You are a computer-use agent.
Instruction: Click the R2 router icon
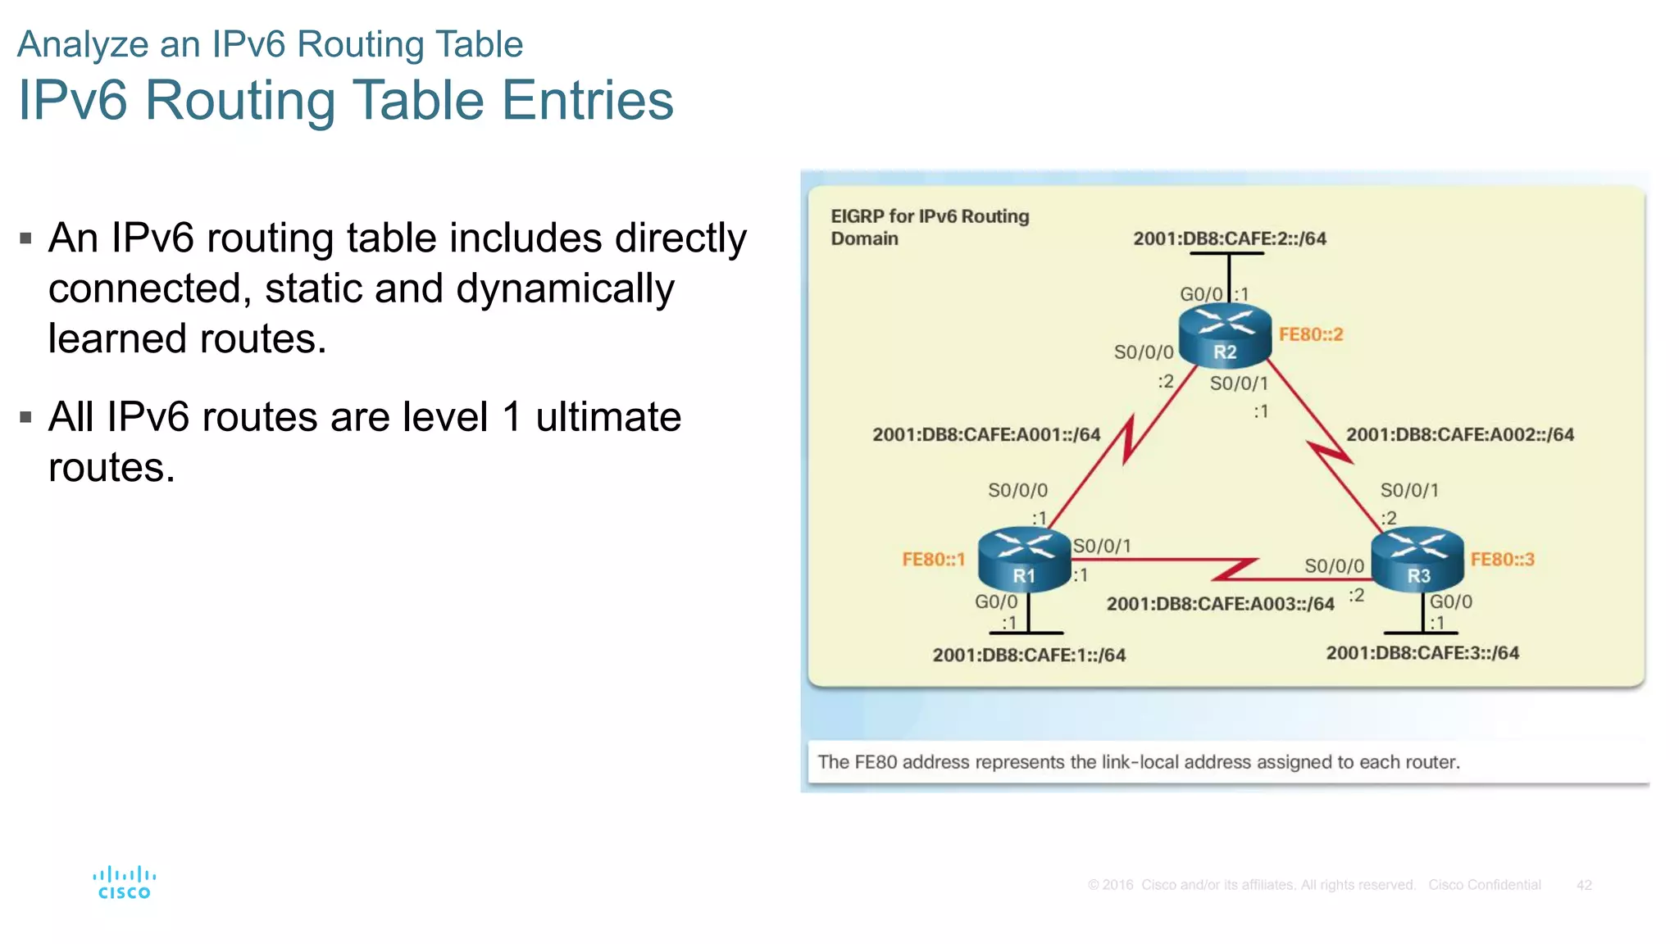1225,335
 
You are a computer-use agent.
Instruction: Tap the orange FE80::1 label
933,560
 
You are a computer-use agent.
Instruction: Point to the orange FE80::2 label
1311,334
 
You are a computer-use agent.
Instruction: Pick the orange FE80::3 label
1502,560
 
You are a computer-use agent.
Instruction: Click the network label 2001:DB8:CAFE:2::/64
1229,238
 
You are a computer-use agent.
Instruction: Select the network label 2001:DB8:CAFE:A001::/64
985,434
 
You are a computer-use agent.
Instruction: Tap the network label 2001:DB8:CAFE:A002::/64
1459,434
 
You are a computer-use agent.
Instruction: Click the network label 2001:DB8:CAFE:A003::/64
1220,604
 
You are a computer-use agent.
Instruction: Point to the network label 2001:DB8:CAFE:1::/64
1029,655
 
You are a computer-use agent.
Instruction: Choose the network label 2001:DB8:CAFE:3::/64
1422,653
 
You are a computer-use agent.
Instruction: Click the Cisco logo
124,883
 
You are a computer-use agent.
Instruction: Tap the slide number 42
1583,885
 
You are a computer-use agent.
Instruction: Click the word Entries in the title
587,100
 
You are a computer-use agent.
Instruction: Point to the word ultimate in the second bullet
607,417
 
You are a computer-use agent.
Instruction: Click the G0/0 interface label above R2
1200,294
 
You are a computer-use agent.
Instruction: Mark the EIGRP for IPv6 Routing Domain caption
929,227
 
